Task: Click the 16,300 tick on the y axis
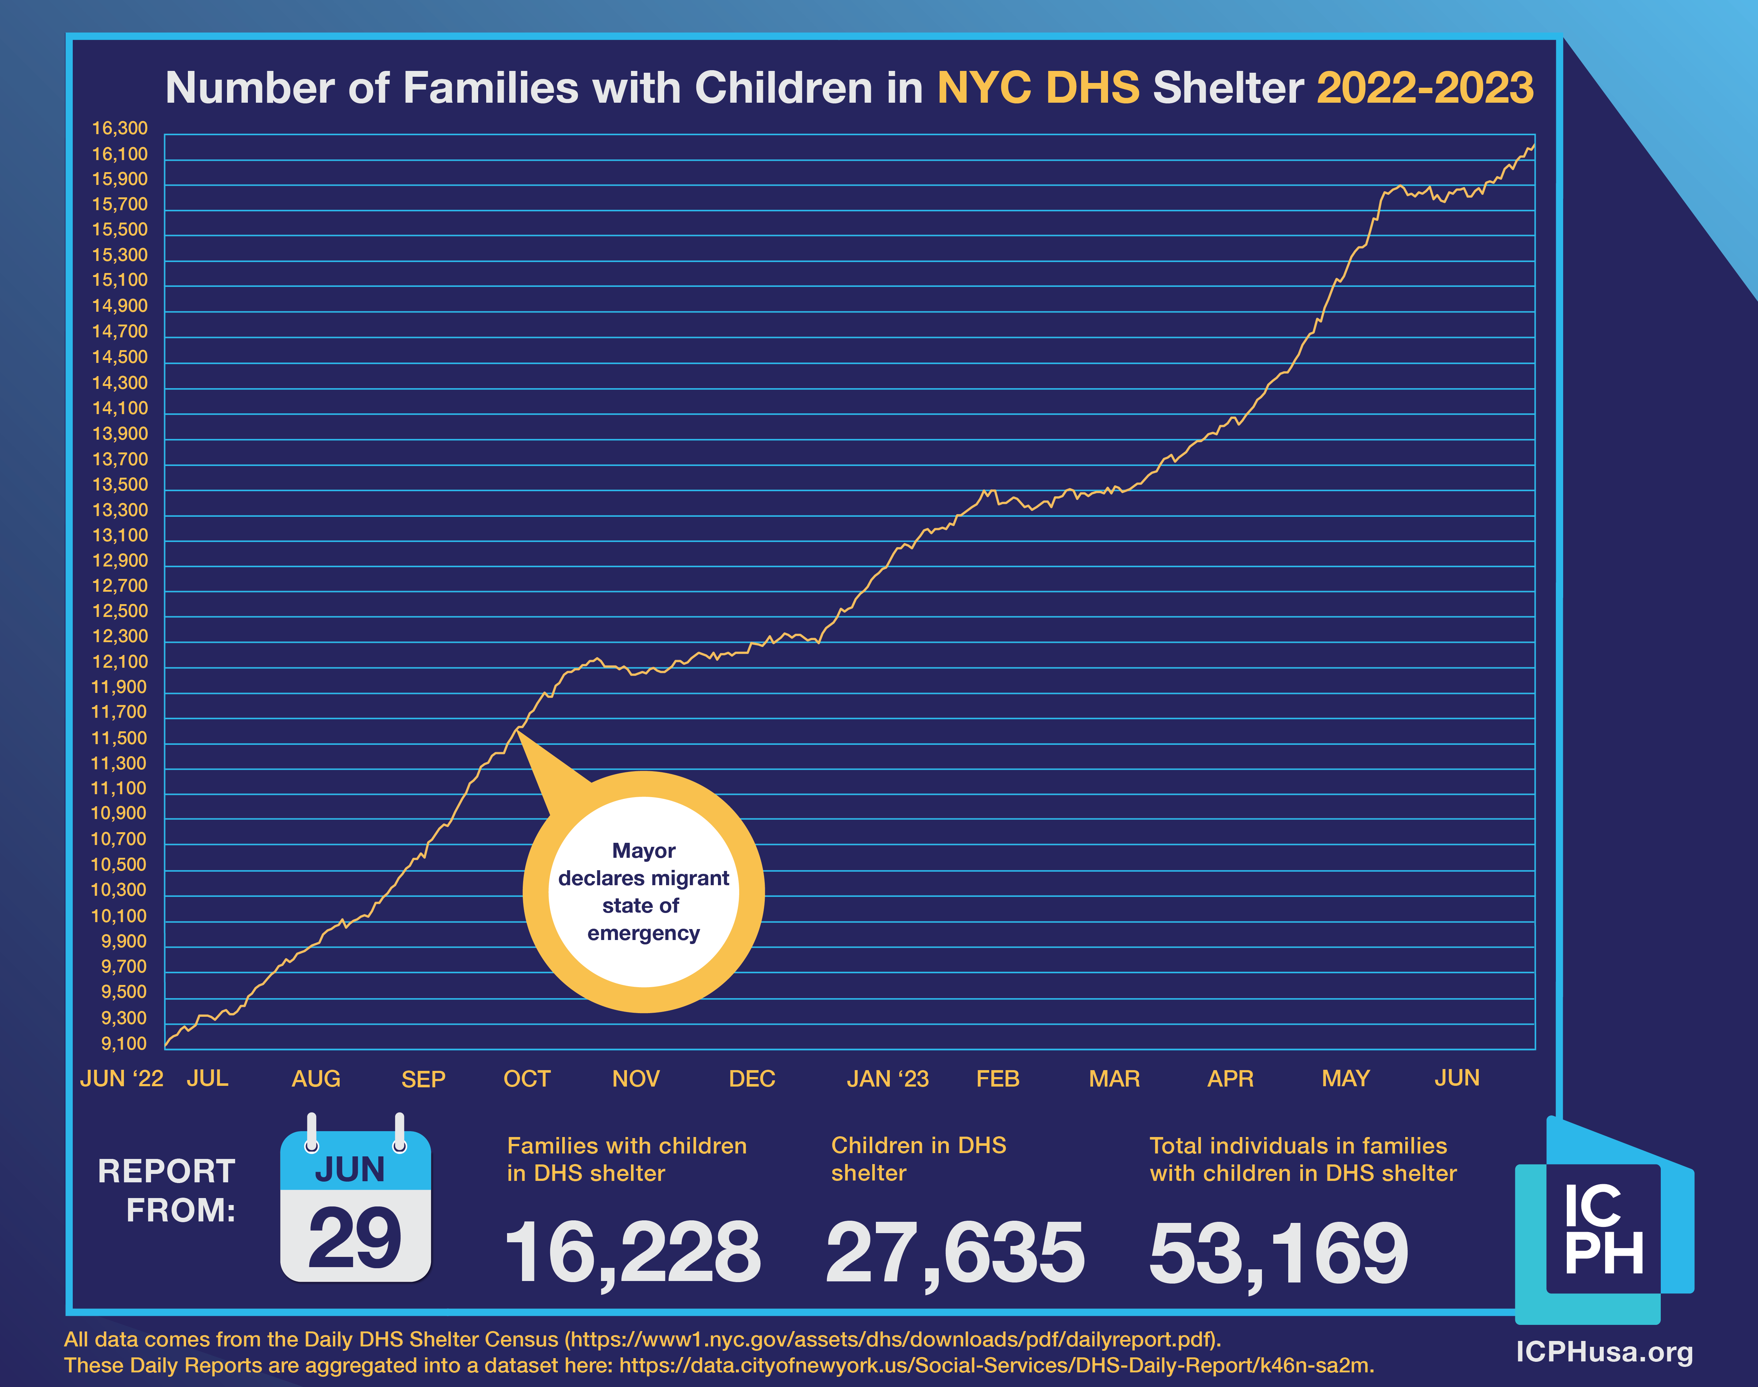coord(120,128)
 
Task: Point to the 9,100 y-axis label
coord(124,1043)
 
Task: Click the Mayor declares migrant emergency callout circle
coord(644,892)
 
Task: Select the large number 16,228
coord(632,1253)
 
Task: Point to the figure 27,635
coord(955,1253)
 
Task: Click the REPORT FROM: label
coord(167,1190)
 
